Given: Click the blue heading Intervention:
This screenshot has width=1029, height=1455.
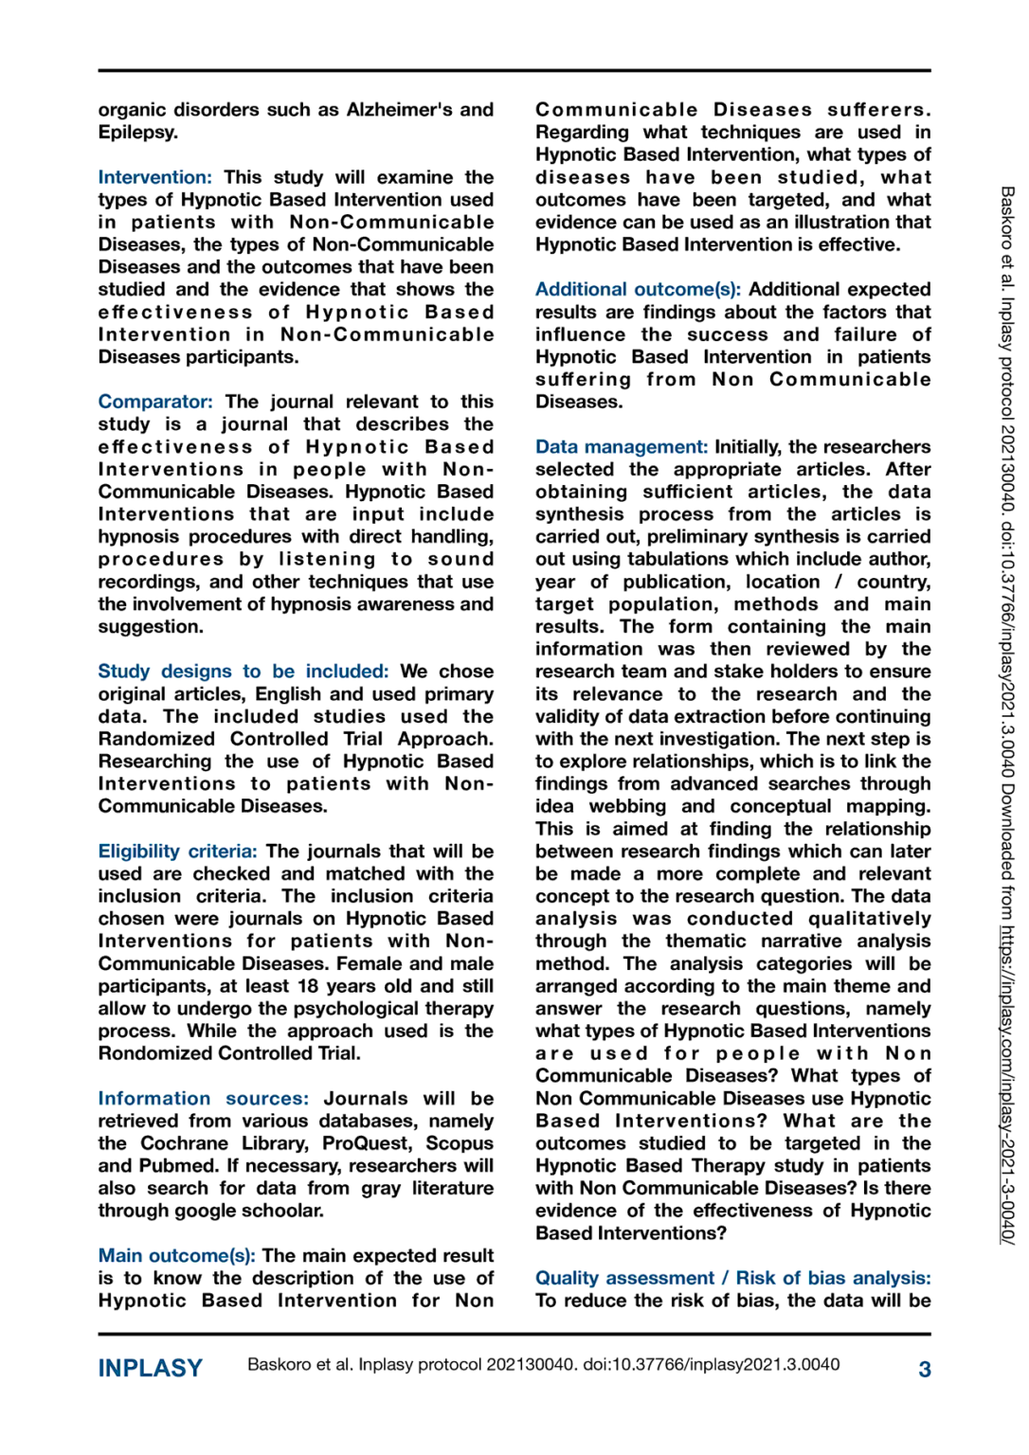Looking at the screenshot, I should click(x=154, y=177).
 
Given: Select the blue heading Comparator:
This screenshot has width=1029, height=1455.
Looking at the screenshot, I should click(x=155, y=402).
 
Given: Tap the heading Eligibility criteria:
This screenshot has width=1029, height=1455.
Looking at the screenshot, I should click(x=177, y=851).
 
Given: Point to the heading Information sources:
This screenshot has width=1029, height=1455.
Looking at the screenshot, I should click(x=203, y=1098).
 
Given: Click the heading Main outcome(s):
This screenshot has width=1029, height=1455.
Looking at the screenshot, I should click(x=176, y=1255).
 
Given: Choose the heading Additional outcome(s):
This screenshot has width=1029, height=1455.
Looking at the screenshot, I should click(x=638, y=289).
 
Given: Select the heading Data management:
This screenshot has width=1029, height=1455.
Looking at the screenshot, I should click(x=621, y=446).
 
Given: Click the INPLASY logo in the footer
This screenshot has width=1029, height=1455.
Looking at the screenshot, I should click(x=151, y=1368).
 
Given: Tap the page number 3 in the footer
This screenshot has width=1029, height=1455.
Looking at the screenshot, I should click(x=924, y=1369).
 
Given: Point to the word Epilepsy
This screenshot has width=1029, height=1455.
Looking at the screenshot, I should click(x=136, y=133).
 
